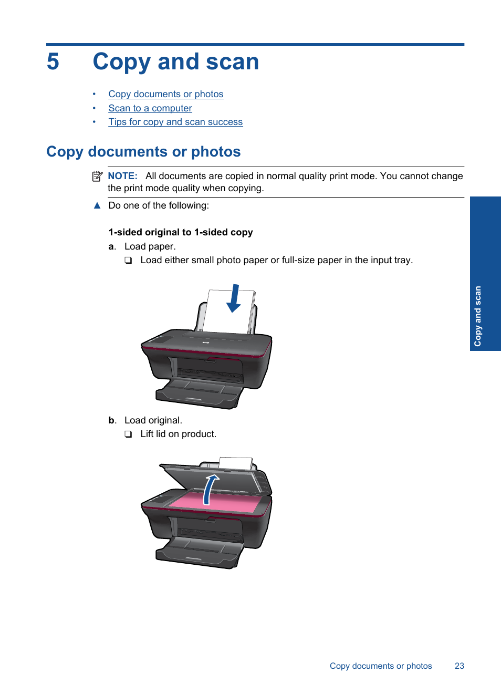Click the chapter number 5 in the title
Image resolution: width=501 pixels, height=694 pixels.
(53, 62)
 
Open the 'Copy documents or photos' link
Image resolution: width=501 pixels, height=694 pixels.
(165, 94)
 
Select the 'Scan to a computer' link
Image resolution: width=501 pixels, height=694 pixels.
(150, 108)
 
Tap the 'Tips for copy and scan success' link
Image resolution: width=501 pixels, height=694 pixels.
(175, 122)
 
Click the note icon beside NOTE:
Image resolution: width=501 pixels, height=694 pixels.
(97, 177)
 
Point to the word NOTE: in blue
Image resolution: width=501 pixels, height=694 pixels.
(122, 176)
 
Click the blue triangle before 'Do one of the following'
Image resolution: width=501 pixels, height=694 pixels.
(97, 205)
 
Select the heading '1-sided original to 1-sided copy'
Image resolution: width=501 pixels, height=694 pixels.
(180, 232)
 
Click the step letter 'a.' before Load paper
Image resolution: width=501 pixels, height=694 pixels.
(112, 246)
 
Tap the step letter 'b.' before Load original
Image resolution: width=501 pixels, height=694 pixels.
(112, 420)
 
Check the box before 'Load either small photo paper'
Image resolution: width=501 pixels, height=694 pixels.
(128, 261)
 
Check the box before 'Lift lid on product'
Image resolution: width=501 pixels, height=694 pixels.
(128, 434)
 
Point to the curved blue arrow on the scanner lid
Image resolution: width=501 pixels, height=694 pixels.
(210, 489)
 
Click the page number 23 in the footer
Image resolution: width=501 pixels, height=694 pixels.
(460, 666)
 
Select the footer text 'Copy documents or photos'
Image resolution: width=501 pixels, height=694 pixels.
(381, 666)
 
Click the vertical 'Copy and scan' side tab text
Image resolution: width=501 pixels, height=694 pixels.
(477, 316)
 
